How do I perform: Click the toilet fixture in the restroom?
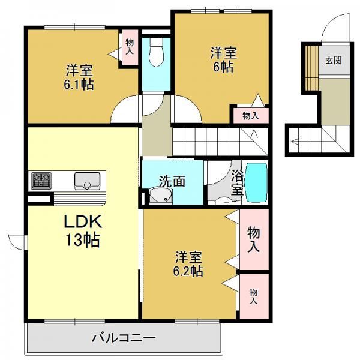156,52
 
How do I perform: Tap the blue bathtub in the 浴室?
257,182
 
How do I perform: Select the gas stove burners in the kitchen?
41,181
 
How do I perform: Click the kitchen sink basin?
87,181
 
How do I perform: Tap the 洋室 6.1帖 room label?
79,77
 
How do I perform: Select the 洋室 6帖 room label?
224,59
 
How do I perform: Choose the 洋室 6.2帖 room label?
188,263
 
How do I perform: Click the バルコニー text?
124,337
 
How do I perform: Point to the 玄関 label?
334,61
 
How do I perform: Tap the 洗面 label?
172,181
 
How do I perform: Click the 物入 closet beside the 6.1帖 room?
130,47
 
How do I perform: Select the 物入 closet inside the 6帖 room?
251,115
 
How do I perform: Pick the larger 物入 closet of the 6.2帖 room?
254,239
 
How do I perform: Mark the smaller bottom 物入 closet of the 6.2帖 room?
254,296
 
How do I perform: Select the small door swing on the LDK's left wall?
14,244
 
